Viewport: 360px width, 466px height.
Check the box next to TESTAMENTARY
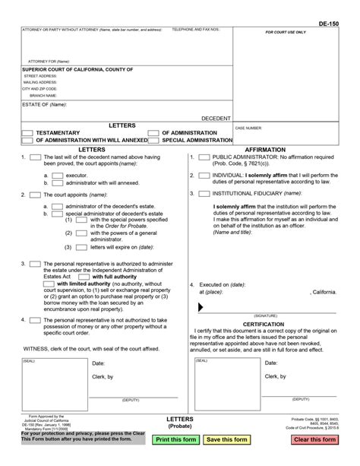(x=28, y=132)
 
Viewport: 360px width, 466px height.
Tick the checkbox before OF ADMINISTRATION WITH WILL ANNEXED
(x=28, y=141)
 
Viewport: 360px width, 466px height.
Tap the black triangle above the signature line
(x=201, y=307)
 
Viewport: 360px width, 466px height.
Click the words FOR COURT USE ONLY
(x=285, y=33)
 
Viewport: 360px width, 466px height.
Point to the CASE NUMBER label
(x=248, y=128)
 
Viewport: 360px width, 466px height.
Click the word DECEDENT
(x=216, y=119)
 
